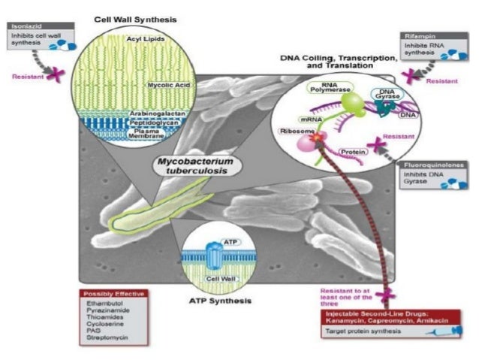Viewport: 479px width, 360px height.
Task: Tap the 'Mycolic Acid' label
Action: coord(170,86)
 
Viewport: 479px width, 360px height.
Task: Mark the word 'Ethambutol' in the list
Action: coord(101,302)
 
